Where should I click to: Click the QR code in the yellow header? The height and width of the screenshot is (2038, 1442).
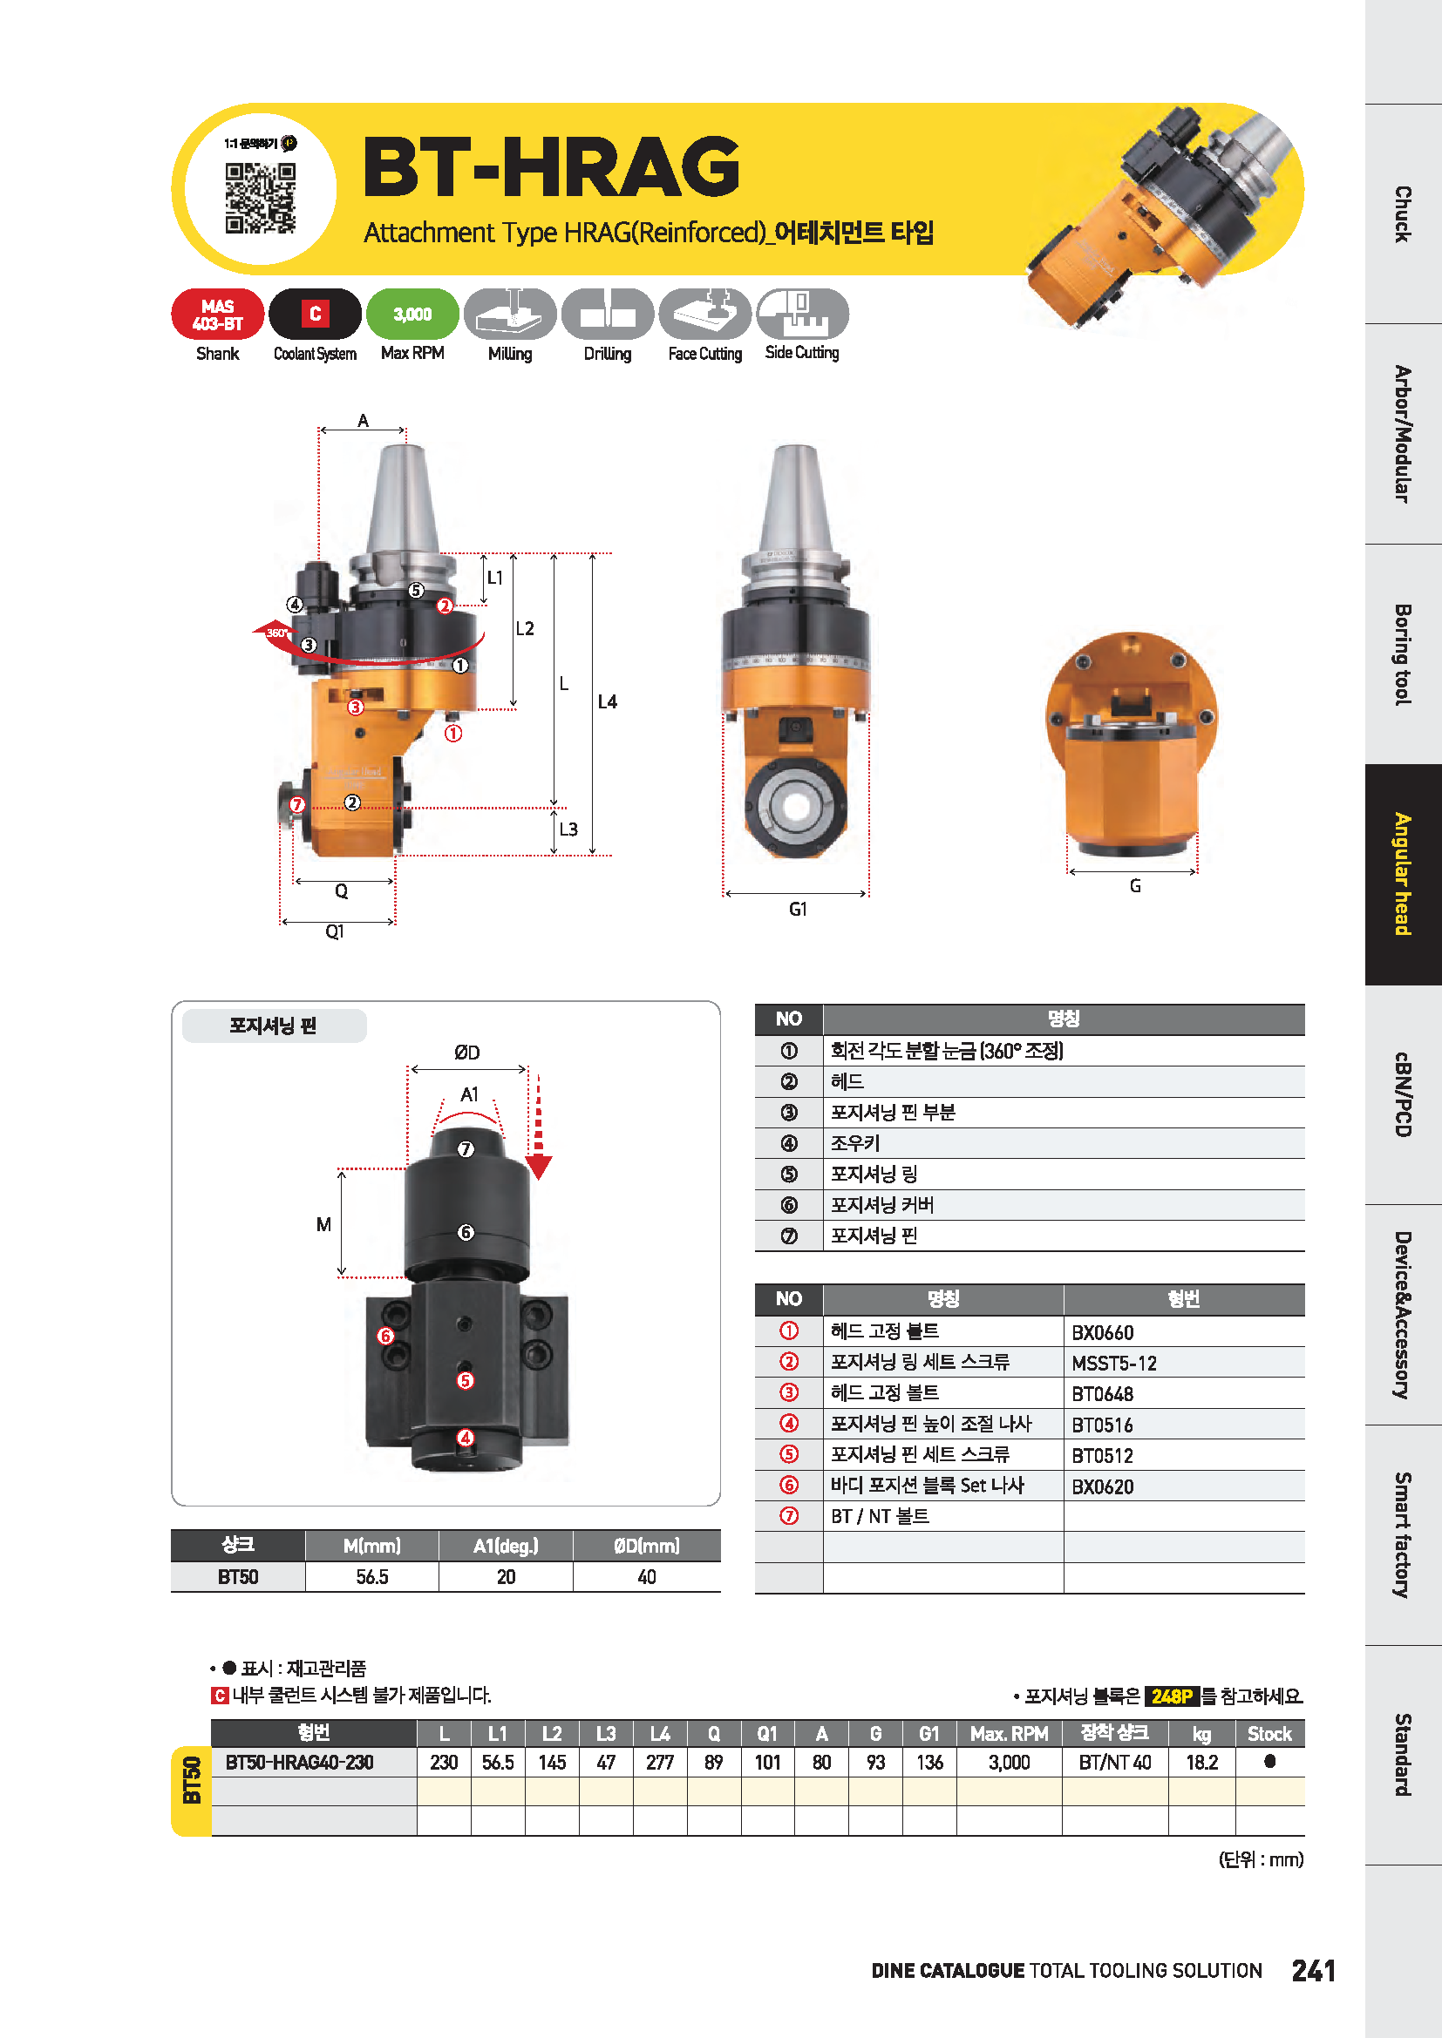coord(260,198)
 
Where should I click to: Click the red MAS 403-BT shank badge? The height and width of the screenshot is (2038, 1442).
coord(218,315)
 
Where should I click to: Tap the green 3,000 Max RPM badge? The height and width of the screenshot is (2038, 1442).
coord(413,315)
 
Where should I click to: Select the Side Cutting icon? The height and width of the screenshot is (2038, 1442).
coord(803,315)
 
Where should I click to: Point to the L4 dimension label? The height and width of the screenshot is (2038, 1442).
coord(608,702)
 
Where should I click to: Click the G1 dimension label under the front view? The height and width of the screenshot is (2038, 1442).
coord(799,909)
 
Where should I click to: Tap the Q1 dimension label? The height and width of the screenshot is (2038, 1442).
coord(335,931)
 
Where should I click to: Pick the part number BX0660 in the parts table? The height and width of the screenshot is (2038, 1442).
coord(1103,1332)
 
